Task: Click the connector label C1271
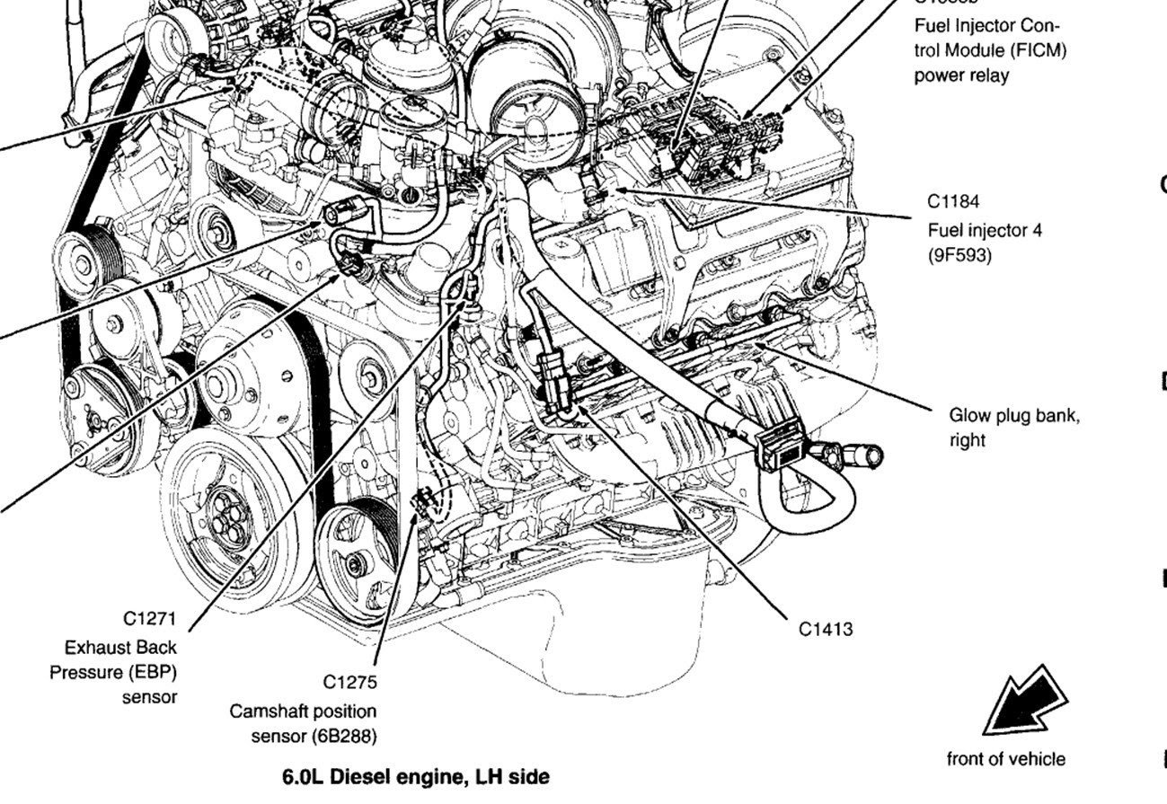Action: pos(149,618)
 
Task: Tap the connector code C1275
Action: pos(350,682)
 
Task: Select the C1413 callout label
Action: pos(826,629)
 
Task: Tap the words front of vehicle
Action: pos(1005,759)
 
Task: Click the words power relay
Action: pos(961,75)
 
